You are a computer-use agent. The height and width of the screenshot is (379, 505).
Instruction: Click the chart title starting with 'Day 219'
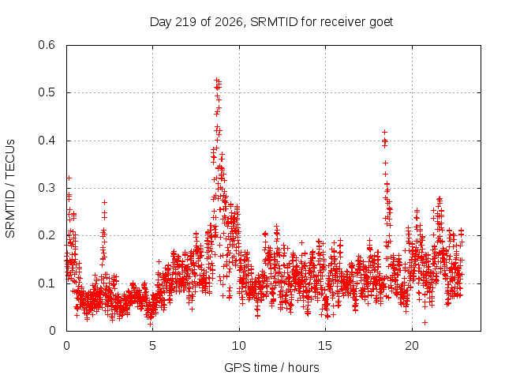click(x=271, y=22)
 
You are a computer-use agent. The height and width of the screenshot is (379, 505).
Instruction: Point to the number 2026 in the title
click(x=228, y=22)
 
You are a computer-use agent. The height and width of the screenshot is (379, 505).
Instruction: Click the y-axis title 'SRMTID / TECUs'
click(x=10, y=189)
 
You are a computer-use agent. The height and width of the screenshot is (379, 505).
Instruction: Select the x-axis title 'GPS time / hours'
click(x=271, y=367)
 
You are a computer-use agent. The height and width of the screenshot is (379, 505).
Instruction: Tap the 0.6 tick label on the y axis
click(x=47, y=45)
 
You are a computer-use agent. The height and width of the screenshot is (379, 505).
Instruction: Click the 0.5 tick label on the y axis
click(x=47, y=92)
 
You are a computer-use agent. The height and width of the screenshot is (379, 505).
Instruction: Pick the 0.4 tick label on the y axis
click(x=47, y=141)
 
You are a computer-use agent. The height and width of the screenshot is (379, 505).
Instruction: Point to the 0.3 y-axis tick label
click(x=47, y=188)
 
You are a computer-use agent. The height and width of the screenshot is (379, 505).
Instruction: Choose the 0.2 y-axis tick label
click(x=47, y=235)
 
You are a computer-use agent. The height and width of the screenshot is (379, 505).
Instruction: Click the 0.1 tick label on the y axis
click(x=47, y=283)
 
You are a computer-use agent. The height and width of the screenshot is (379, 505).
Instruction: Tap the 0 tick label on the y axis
click(x=52, y=331)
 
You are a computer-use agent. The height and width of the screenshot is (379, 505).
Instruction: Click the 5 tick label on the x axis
click(x=152, y=346)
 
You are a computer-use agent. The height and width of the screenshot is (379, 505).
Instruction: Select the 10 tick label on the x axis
click(x=238, y=346)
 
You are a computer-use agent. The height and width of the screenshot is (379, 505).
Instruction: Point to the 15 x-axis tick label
click(x=325, y=346)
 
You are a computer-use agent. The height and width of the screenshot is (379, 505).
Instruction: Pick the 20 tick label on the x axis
click(x=412, y=346)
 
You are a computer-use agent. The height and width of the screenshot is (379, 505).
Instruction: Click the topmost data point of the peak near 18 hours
click(x=384, y=132)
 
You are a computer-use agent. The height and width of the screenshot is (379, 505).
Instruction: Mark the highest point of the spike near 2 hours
click(x=104, y=202)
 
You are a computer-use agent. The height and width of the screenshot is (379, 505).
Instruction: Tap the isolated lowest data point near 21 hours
click(x=425, y=322)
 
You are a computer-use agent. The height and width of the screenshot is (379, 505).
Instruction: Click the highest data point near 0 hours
click(x=69, y=178)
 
